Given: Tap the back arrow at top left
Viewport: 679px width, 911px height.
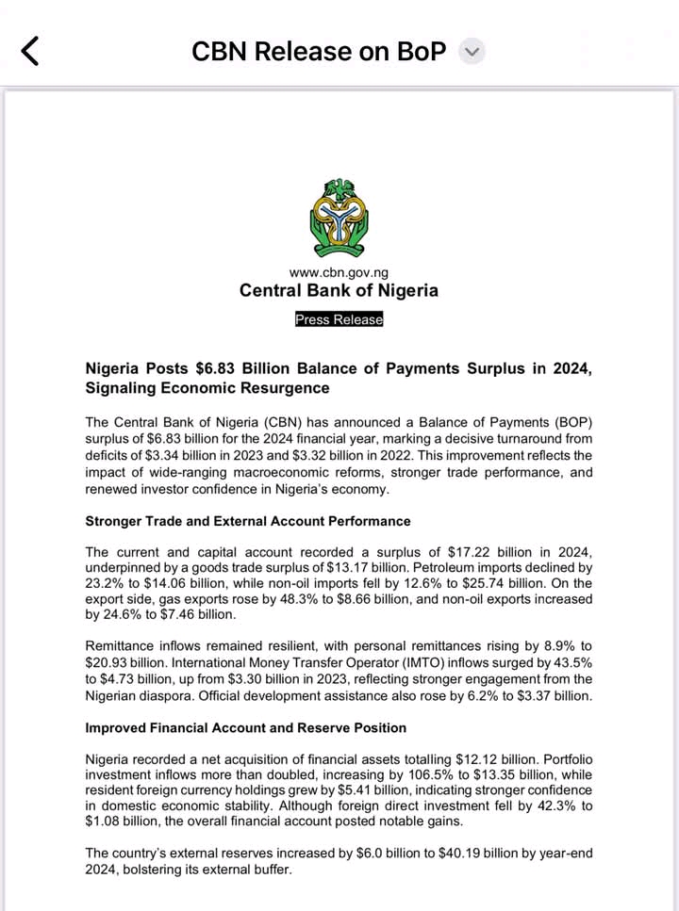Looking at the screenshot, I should (x=30, y=50).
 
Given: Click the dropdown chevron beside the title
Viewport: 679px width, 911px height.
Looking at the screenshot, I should (x=472, y=52).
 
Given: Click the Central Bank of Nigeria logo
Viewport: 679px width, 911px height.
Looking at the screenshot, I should (x=339, y=218).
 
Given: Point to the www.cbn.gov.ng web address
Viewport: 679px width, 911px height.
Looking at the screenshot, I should (x=339, y=273).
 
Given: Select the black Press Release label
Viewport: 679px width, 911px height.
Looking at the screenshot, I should (x=339, y=319).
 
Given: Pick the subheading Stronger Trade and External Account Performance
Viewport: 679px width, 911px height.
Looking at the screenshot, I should (x=248, y=521).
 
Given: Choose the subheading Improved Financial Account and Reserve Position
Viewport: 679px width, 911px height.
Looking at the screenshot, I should (x=246, y=727).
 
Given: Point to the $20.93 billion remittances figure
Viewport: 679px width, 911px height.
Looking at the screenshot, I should (x=124, y=663).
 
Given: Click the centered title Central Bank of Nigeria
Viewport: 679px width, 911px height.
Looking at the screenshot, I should (x=339, y=290).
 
